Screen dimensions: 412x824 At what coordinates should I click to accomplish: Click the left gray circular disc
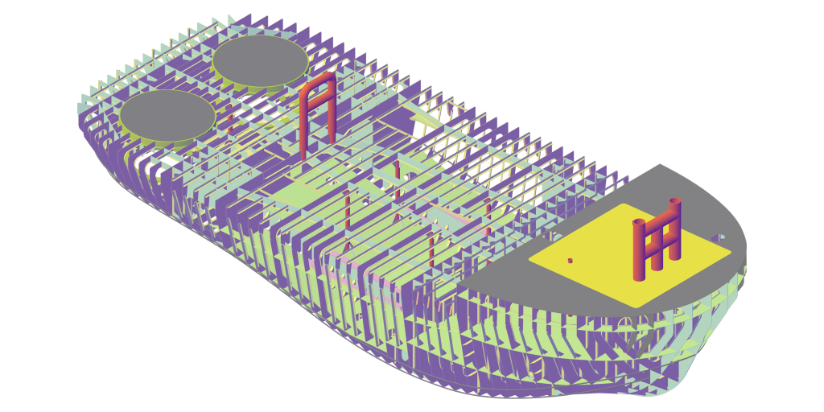[167, 113]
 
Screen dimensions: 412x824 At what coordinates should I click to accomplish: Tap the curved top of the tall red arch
[318, 80]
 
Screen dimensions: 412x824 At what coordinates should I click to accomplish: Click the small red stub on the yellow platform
[570, 261]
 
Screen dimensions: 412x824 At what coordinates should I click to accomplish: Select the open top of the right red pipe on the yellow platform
[674, 201]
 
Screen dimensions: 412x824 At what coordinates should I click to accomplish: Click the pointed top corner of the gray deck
[660, 166]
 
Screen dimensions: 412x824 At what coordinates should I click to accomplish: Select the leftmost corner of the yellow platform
[529, 261]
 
